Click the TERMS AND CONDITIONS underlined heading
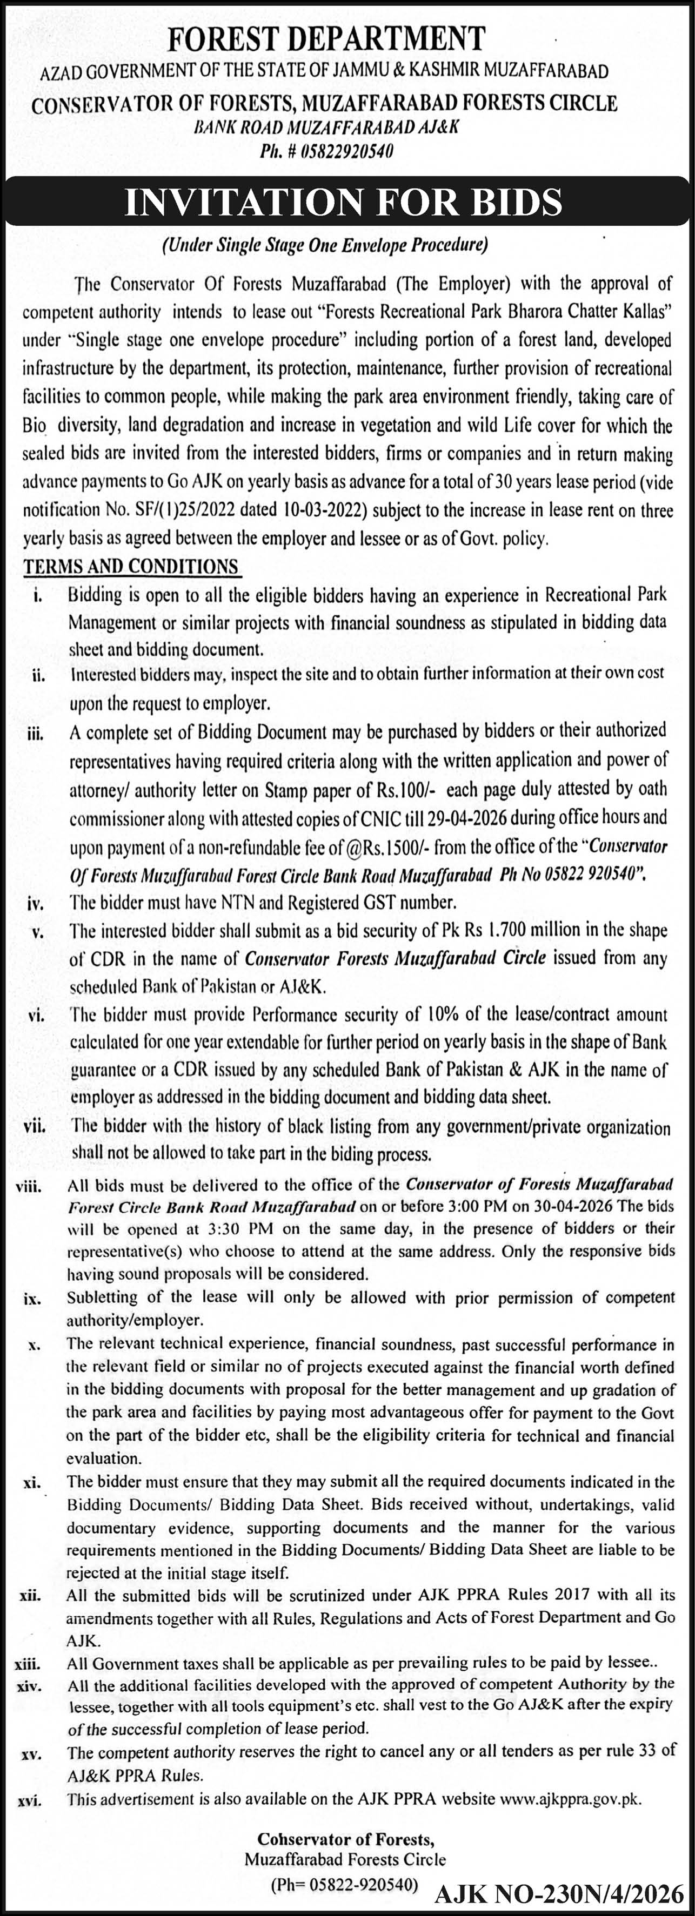tap(131, 566)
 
